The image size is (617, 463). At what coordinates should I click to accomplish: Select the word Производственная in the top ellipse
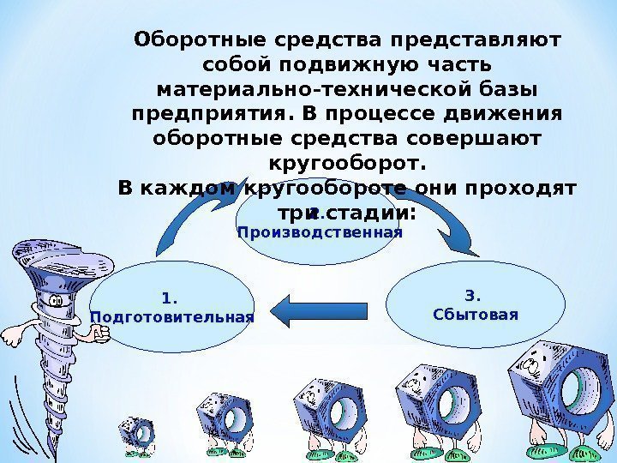tap(319, 232)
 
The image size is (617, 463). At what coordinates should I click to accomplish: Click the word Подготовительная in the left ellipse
tap(172, 317)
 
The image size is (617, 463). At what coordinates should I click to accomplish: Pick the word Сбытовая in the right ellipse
tap(476, 314)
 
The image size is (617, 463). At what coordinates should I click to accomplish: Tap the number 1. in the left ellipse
tap(169, 298)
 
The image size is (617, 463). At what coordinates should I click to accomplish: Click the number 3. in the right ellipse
tap(473, 297)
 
